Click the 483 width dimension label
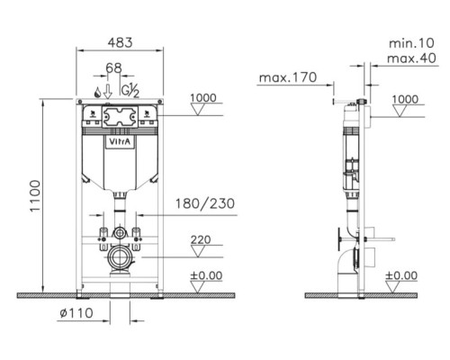[120, 42]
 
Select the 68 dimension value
[114, 68]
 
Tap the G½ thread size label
[130, 90]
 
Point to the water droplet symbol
[97, 92]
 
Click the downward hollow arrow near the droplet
[108, 92]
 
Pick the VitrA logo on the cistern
[120, 142]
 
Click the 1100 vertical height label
[35, 196]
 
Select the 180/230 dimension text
[205, 203]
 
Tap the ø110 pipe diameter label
[76, 313]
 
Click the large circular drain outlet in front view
[119, 257]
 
